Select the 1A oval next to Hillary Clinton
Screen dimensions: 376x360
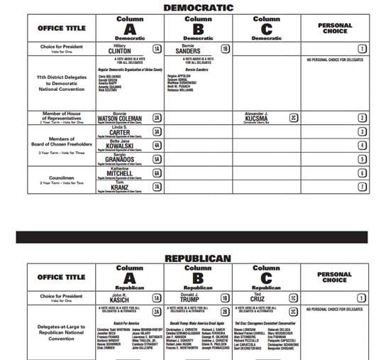coord(157,49)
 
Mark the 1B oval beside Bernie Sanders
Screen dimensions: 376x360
coord(225,49)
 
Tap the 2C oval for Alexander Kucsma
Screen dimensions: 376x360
coord(292,117)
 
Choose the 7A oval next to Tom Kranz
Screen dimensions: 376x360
coord(157,187)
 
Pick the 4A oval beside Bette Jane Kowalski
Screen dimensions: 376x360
coord(157,145)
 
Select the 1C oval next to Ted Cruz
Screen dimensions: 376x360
coord(292,299)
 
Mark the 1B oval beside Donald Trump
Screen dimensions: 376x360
coord(225,299)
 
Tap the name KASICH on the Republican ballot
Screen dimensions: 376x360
coord(118,300)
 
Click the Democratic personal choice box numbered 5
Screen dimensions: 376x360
coord(362,159)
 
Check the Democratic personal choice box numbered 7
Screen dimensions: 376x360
coord(362,187)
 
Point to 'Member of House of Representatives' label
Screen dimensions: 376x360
coord(61,116)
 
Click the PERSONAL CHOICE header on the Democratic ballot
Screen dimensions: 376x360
coord(334,28)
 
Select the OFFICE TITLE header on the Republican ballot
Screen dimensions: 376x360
coord(61,277)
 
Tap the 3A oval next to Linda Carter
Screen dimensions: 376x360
coord(157,131)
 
